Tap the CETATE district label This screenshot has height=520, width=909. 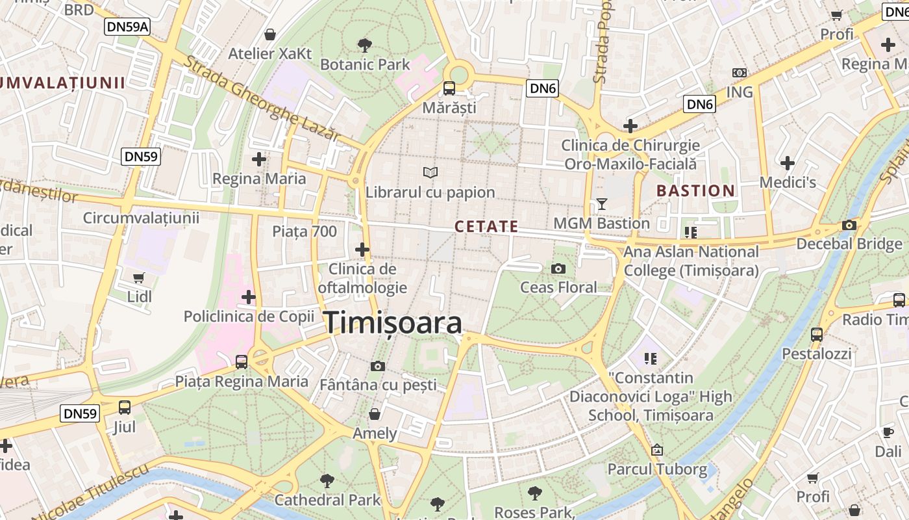tap(486, 226)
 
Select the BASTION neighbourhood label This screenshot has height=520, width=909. tap(695, 190)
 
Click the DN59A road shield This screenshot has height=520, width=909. tap(127, 27)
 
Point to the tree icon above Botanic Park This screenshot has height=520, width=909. tap(365, 45)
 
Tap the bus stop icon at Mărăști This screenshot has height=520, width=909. tap(449, 88)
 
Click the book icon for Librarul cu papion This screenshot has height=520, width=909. tap(430, 172)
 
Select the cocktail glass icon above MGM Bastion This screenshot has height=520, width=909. tap(602, 204)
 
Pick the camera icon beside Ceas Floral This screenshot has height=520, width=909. tap(558, 268)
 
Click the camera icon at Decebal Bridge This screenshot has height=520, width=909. tap(849, 226)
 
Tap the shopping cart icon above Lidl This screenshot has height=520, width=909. tap(138, 278)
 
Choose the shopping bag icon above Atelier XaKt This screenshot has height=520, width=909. tap(269, 34)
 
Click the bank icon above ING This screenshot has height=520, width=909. tap(739, 73)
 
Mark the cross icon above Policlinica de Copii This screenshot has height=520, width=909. tap(248, 297)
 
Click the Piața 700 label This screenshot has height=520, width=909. tap(305, 231)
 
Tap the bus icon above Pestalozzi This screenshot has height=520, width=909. tap(817, 335)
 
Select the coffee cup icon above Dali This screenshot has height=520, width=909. tap(888, 432)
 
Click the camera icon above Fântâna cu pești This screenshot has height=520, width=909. tap(378, 366)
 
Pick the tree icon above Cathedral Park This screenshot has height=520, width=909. tap(327, 481)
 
